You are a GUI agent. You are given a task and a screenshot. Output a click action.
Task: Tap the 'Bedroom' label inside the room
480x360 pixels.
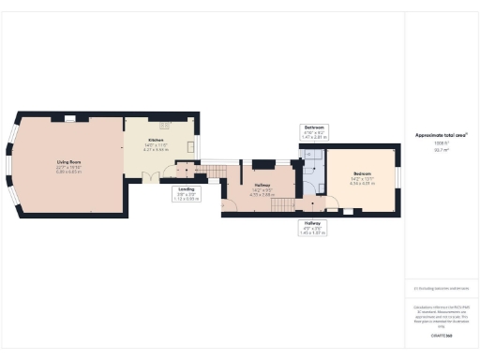[x=361, y=175]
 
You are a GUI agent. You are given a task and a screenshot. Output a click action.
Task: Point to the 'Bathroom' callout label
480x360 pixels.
[x=313, y=127]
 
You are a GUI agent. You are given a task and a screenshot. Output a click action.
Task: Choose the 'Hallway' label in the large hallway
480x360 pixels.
[x=262, y=186]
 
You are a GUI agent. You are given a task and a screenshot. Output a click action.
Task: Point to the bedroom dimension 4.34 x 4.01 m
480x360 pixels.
[x=361, y=185]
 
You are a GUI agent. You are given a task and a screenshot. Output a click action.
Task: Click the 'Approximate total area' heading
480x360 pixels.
[x=441, y=135]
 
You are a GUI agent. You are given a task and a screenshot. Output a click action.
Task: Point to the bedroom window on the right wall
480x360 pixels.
[x=396, y=178]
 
